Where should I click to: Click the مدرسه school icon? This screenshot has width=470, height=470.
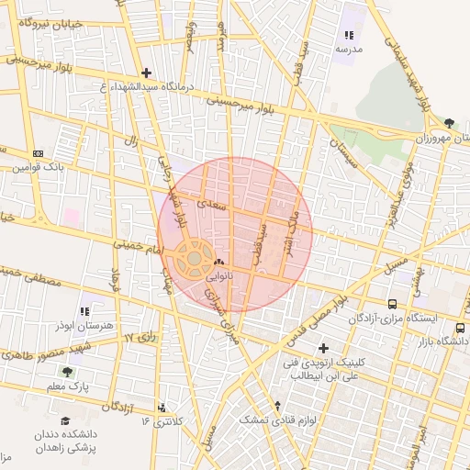[349, 35]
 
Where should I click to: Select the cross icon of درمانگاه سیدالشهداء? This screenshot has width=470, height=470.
[146, 72]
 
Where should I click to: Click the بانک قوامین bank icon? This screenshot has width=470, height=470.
[37, 153]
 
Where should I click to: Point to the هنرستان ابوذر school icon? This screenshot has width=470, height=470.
[85, 312]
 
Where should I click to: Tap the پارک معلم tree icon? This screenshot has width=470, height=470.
[67, 372]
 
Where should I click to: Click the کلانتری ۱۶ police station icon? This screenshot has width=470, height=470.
[162, 407]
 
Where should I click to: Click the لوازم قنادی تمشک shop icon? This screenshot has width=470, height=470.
[277, 405]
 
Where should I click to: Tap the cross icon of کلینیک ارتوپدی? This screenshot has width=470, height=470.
[323, 348]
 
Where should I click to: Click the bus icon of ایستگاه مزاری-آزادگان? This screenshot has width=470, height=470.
[393, 304]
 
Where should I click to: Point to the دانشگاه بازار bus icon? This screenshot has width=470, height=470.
[460, 328]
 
